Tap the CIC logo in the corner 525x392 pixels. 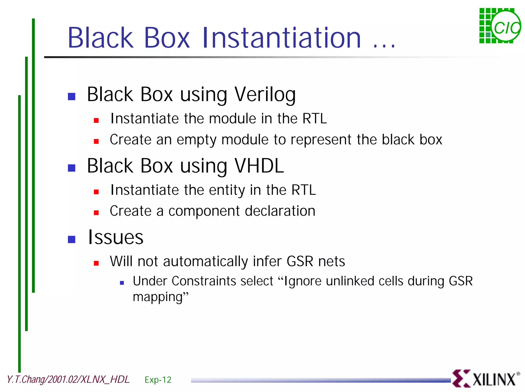[x=500, y=26]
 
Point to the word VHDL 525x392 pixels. [x=259, y=166]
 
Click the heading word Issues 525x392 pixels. [x=116, y=237]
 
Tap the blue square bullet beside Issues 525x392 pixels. [x=72, y=239]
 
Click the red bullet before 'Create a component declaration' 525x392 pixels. [x=96, y=212]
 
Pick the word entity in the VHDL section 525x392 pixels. [x=227, y=190]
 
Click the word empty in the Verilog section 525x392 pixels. [x=196, y=140]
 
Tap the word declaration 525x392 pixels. [x=280, y=211]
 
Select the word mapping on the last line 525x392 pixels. [x=157, y=297]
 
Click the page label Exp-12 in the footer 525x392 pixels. [x=158, y=380]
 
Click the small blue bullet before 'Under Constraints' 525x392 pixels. [x=122, y=283]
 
